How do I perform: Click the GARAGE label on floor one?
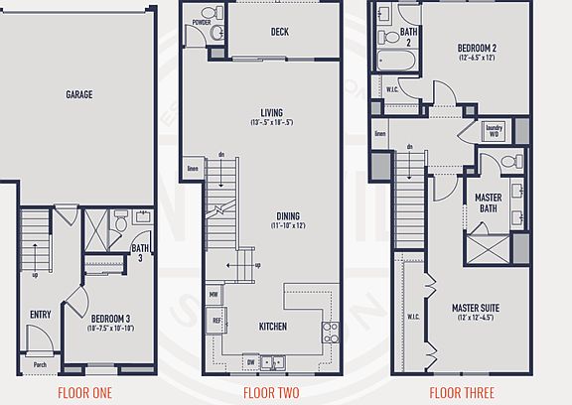79,95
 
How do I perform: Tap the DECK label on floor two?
280,32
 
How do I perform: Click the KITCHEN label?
274,326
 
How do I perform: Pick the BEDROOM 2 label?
477,48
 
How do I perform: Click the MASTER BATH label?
488,202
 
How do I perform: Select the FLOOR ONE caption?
84,392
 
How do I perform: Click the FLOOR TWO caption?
271,392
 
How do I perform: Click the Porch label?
40,364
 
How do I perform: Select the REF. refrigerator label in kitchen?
214,321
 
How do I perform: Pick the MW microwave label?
214,295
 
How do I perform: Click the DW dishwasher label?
249,363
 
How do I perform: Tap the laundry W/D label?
494,130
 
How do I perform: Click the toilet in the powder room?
219,34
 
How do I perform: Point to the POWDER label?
202,21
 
